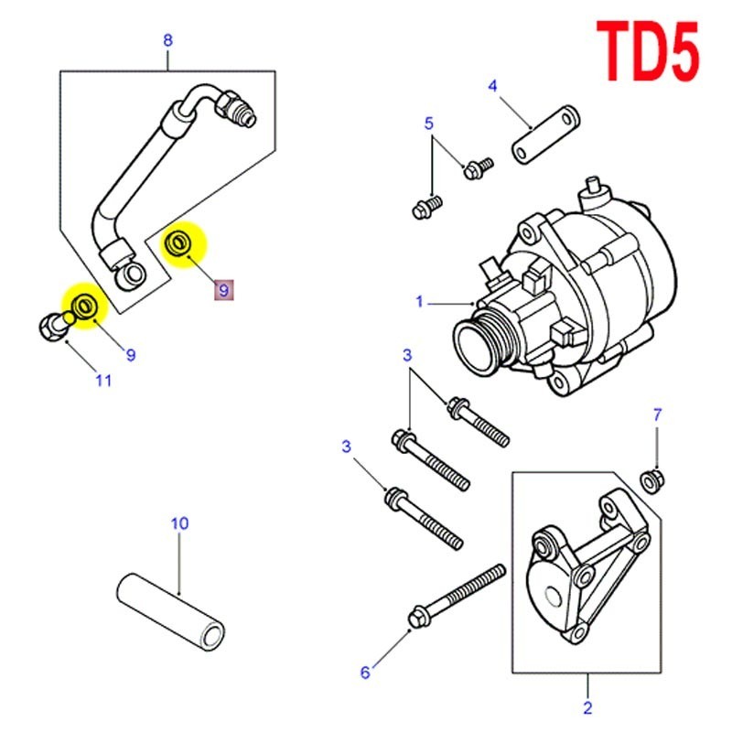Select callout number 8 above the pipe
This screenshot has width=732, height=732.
167,39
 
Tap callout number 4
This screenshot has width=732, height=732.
493,87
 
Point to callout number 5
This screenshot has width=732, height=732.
427,123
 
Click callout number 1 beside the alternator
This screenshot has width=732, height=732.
420,302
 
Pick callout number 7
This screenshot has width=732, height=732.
656,414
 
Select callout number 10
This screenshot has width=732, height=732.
179,523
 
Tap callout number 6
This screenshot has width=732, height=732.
365,673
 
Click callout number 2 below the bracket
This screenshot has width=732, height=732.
587,706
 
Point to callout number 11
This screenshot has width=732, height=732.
103,380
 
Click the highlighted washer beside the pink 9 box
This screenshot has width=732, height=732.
181,243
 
